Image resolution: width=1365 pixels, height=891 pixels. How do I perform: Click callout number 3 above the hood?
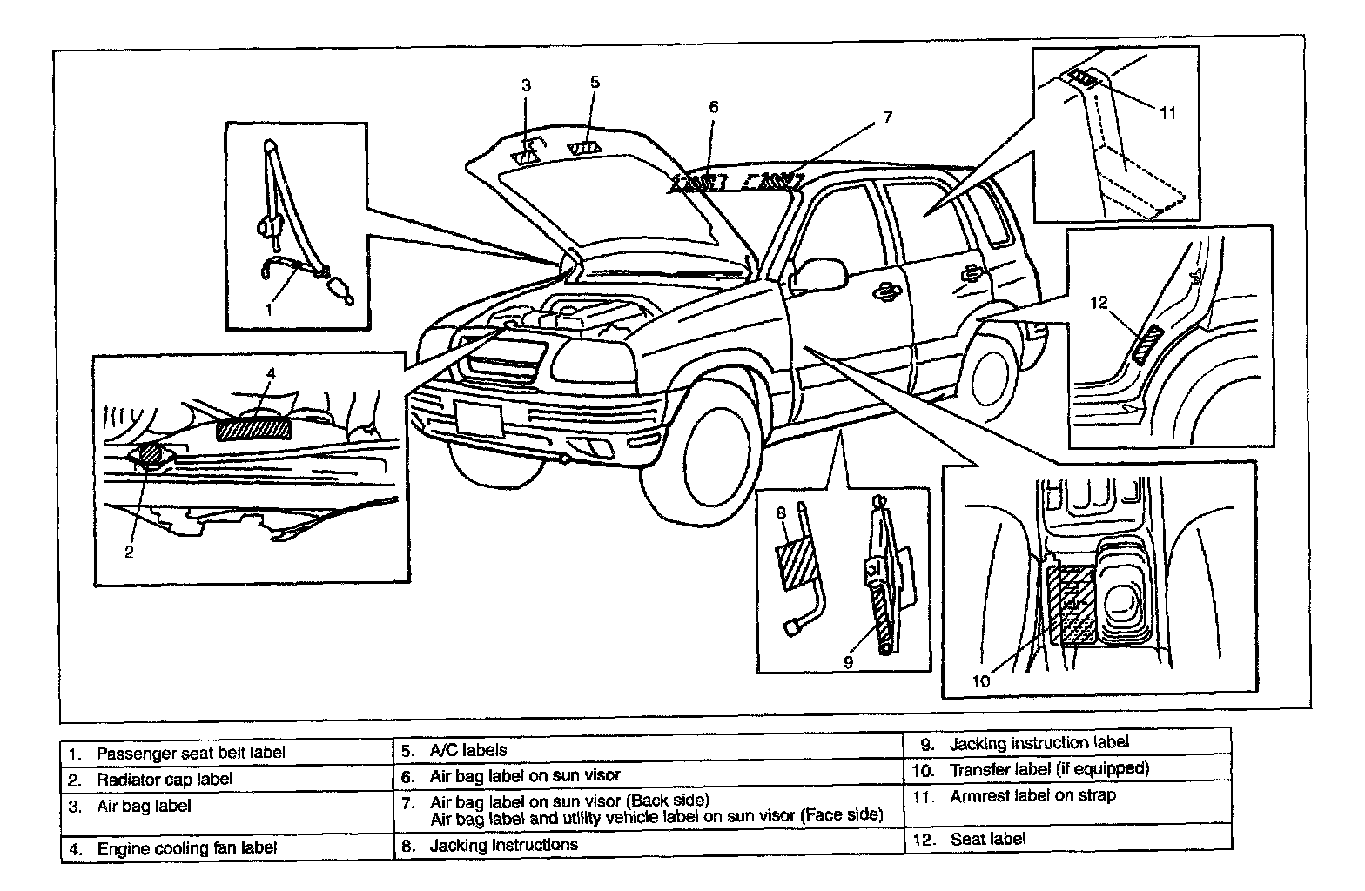pos(526,85)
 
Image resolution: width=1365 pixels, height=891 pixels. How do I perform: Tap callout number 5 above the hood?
pos(595,83)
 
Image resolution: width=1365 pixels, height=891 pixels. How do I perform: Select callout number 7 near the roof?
pos(887,117)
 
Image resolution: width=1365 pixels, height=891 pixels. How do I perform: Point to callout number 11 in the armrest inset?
pos(1167,112)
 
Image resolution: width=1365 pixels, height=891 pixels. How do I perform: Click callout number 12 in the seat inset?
pos(1099,303)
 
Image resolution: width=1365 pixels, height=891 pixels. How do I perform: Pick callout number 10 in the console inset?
pos(981,680)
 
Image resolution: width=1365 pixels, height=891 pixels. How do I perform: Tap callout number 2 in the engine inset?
pos(129,551)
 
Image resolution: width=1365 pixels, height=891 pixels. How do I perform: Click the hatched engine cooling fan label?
pos(256,431)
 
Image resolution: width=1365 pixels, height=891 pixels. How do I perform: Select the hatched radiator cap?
pos(149,454)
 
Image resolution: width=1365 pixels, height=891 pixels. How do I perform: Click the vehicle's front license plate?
pos(479,419)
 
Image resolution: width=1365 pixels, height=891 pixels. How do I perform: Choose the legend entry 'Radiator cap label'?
pos(165,779)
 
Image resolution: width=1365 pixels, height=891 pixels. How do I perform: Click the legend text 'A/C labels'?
pos(467,749)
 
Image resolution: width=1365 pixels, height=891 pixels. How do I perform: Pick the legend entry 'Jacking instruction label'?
pos(1039,743)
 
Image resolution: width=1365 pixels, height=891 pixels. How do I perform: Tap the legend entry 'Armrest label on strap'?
pos(1032,795)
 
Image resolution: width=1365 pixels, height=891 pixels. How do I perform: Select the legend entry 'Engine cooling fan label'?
pos(186,847)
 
